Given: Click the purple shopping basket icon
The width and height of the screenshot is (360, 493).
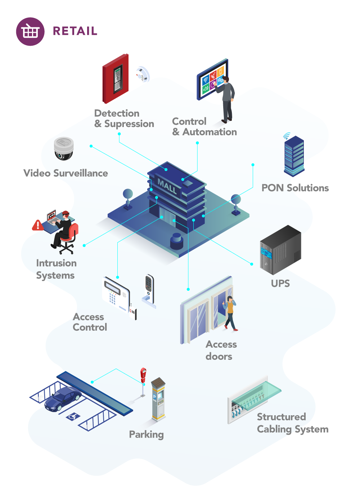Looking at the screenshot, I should (x=30, y=32).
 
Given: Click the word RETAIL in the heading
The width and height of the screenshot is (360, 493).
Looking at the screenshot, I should (x=75, y=31).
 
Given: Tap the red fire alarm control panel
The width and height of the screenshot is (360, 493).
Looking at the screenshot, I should (x=116, y=78).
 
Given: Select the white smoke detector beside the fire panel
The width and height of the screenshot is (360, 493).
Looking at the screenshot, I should (x=143, y=74).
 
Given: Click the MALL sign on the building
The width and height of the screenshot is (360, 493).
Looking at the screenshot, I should (x=167, y=186).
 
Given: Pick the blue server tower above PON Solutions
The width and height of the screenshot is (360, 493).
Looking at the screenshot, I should (x=294, y=156).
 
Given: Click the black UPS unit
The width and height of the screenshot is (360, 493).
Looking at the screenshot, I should (x=280, y=250).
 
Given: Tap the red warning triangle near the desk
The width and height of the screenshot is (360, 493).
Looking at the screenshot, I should (x=37, y=226).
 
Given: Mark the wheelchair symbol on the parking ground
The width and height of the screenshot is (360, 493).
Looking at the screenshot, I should (x=73, y=416).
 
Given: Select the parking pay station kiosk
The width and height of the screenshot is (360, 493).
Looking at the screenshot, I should (x=158, y=399).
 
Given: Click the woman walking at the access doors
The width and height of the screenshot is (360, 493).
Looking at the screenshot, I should (x=230, y=313).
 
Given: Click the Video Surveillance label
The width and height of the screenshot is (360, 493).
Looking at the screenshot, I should (x=66, y=173).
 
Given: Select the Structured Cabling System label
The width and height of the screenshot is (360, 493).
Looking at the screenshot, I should (x=292, y=423).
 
